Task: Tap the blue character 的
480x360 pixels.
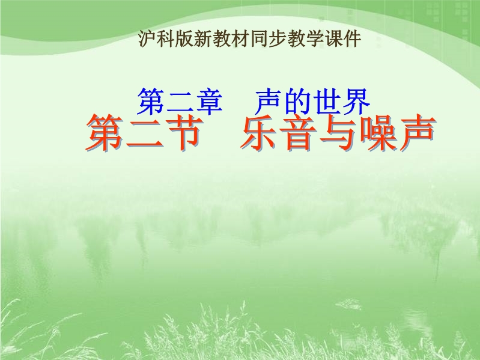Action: click(297, 102)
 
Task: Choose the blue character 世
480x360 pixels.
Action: click(327, 102)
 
